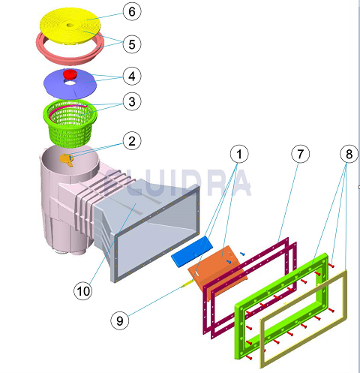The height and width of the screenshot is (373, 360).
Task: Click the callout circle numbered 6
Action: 132,11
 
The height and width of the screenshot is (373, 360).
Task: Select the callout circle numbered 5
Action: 132,44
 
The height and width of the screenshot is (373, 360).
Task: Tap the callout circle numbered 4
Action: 132,76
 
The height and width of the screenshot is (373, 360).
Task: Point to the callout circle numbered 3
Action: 132,101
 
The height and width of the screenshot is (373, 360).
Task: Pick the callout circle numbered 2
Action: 132,141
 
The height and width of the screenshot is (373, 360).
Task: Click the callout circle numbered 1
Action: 239,154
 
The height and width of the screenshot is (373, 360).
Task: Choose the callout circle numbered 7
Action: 301,154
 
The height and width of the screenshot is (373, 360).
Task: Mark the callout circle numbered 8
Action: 349,154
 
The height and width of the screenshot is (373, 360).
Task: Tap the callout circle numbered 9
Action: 120,320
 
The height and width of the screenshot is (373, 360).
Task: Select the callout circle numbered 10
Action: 83,291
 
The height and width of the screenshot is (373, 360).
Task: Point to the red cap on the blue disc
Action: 70,74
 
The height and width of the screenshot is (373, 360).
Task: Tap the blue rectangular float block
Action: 192,251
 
